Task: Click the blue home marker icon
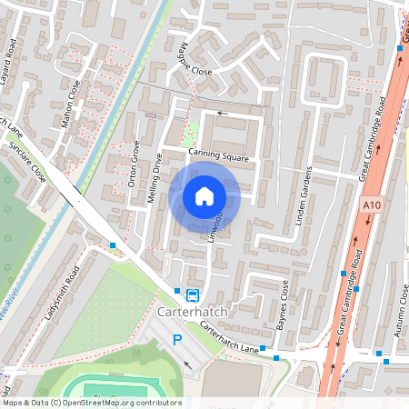click(x=204, y=195)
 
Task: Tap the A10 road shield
click(x=370, y=206)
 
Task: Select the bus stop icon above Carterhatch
click(x=193, y=294)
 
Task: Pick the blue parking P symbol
click(x=178, y=340)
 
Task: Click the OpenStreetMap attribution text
click(x=92, y=403)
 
